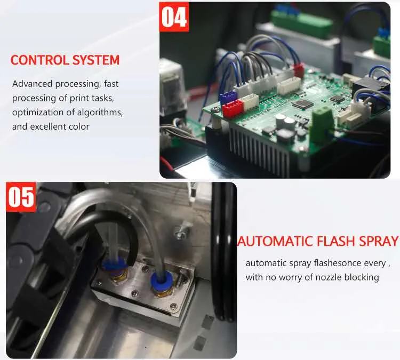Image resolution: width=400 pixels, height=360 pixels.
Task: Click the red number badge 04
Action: (174, 17)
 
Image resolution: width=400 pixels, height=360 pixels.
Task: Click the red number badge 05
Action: (21, 197)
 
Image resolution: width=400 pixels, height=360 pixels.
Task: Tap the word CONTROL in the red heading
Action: (39, 60)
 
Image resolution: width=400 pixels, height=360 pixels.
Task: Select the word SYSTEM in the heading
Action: (96, 60)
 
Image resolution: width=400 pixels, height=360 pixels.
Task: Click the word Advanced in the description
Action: (32, 84)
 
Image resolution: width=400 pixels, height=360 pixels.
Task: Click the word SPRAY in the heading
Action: (379, 241)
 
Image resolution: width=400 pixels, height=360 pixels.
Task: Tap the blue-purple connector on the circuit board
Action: (228, 97)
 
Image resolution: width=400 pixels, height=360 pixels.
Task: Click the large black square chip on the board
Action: (302, 104)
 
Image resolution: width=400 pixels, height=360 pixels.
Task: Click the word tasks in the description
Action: (102, 98)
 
